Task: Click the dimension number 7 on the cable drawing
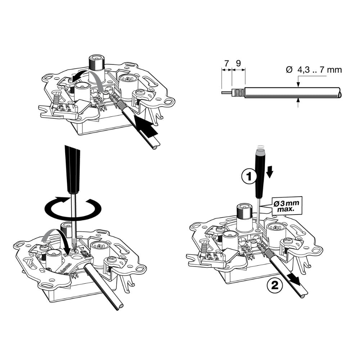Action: [x=226, y=63]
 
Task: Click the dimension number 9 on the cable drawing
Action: [x=238, y=63]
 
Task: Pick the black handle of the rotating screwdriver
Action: [x=72, y=169]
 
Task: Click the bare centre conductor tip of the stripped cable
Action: [x=226, y=93]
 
